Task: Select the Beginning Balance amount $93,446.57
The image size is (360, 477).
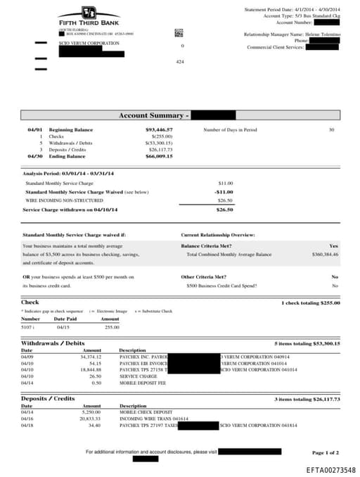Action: pyautogui.click(x=159, y=130)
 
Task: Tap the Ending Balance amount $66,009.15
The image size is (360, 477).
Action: pyautogui.click(x=159, y=155)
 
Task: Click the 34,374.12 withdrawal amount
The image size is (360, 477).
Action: pyautogui.click(x=91, y=357)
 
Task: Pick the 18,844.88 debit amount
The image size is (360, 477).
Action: pyautogui.click(x=91, y=369)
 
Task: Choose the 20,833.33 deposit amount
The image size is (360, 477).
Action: pyautogui.click(x=91, y=419)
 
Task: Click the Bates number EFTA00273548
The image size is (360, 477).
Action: pyautogui.click(x=330, y=469)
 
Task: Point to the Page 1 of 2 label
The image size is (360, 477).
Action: pyautogui.click(x=326, y=452)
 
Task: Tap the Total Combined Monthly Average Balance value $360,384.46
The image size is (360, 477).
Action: pyautogui.click(x=322, y=254)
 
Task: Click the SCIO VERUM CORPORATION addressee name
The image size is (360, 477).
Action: pyautogui.click(x=89, y=43)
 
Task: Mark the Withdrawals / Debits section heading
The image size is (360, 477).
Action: pyautogui.click(x=53, y=343)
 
